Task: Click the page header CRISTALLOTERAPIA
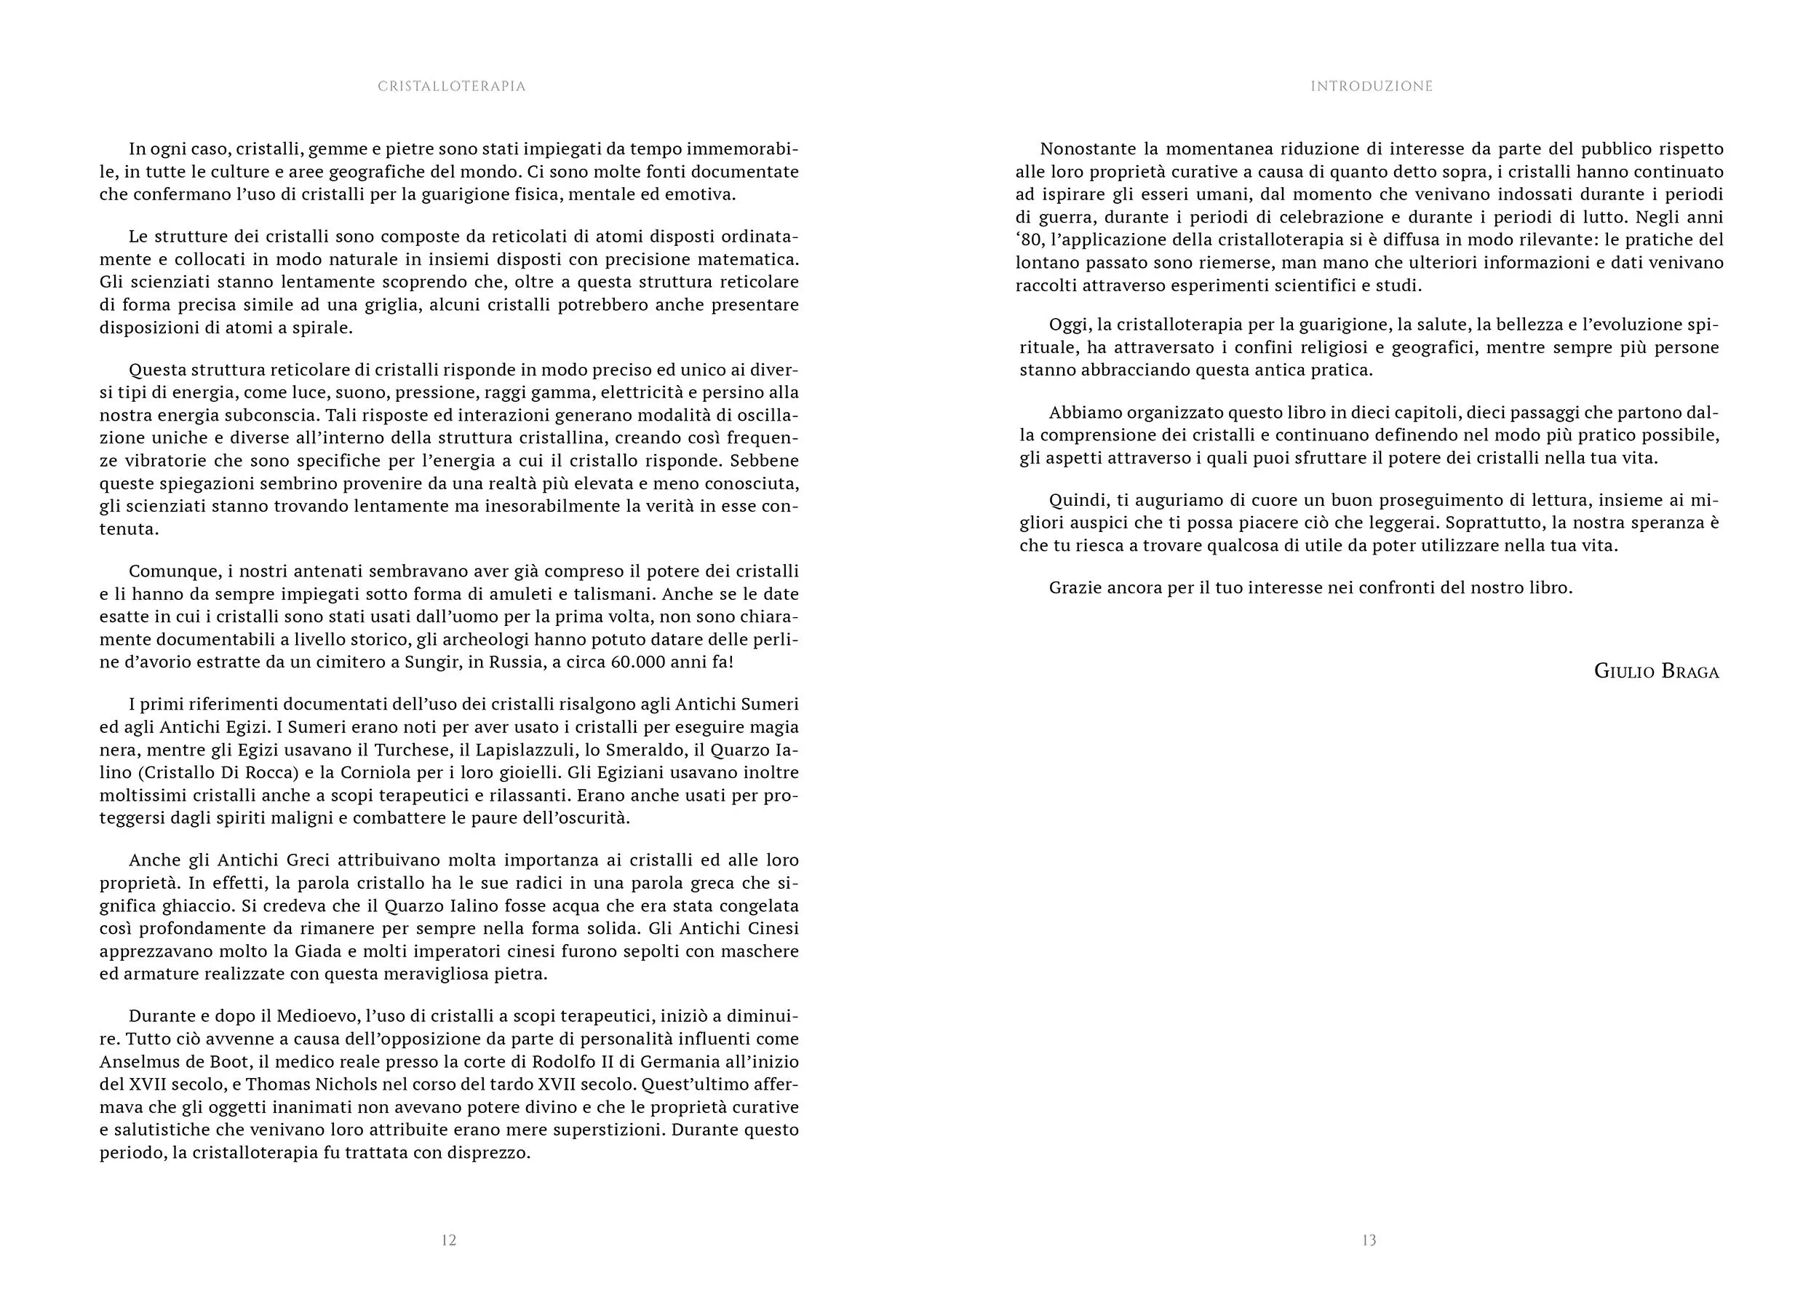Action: [x=451, y=87]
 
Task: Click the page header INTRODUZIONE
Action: [x=1371, y=87]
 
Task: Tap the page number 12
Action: [x=449, y=1240]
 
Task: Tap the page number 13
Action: [x=1369, y=1240]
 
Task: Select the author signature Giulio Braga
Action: [x=1656, y=671]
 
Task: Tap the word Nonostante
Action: [x=1086, y=149]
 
